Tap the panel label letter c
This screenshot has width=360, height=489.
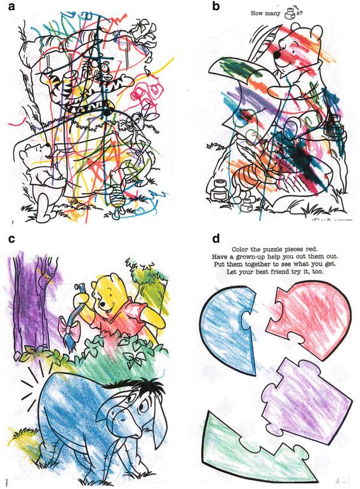tap(11, 239)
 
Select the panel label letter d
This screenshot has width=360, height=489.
tap(216, 239)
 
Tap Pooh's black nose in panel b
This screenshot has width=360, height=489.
tap(277, 55)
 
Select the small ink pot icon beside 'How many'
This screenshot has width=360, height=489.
tap(291, 14)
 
